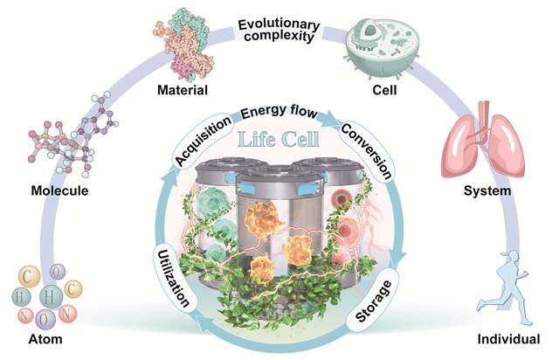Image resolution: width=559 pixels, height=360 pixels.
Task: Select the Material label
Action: coord(183,90)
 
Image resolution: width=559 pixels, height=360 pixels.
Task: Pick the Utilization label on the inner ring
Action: coord(173,278)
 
